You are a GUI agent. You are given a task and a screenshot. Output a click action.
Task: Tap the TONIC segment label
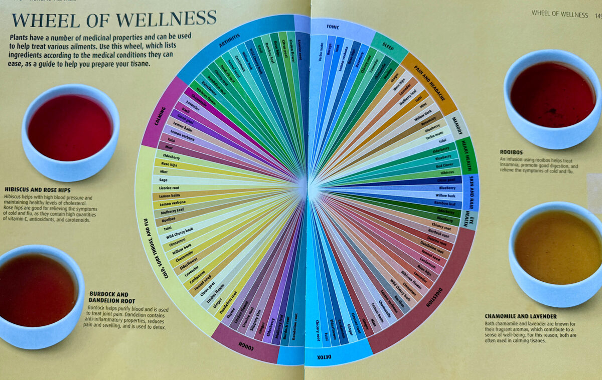click(333, 27)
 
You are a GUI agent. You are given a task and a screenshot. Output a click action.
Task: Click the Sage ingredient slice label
click(164, 179)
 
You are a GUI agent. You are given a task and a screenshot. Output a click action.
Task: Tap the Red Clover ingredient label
click(444, 165)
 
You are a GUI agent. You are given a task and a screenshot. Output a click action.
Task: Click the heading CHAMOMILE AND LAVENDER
click(521, 316)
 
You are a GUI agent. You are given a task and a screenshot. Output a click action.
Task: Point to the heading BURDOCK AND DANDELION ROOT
click(108, 297)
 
